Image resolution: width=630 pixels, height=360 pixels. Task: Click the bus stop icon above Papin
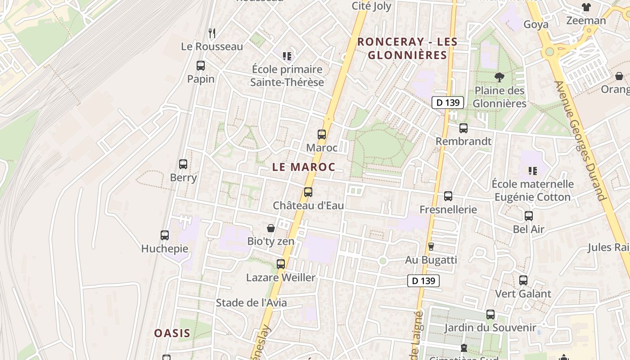tap(201, 66)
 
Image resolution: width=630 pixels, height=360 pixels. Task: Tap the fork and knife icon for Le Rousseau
tap(212, 33)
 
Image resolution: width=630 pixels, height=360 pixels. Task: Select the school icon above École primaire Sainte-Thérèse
tap(287, 56)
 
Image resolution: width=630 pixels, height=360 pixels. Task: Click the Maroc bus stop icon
tap(321, 134)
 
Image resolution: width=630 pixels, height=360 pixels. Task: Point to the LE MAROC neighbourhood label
tap(304, 167)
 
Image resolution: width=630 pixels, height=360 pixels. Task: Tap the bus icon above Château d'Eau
tap(308, 192)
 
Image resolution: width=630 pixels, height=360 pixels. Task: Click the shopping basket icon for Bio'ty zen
tap(271, 228)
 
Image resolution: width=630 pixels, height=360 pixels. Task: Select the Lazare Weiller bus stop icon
tap(281, 264)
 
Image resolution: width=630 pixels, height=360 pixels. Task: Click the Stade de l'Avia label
tap(251, 303)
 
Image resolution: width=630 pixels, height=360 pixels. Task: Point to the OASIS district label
tap(172, 333)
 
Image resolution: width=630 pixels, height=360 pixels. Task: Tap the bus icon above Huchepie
tap(165, 235)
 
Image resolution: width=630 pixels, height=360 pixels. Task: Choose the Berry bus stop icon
tap(183, 164)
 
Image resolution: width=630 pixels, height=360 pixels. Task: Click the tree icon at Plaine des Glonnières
tap(499, 77)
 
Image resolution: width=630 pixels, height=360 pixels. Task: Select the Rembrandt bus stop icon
tap(463, 128)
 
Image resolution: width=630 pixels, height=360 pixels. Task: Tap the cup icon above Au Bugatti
tap(431, 247)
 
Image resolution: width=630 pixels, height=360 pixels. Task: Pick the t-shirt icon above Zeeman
tap(586, 7)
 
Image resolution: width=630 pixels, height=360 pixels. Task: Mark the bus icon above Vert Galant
tap(523, 280)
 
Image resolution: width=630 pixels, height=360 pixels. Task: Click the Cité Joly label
tap(371, 6)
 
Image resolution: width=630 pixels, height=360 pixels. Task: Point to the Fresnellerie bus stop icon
tap(448, 196)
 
